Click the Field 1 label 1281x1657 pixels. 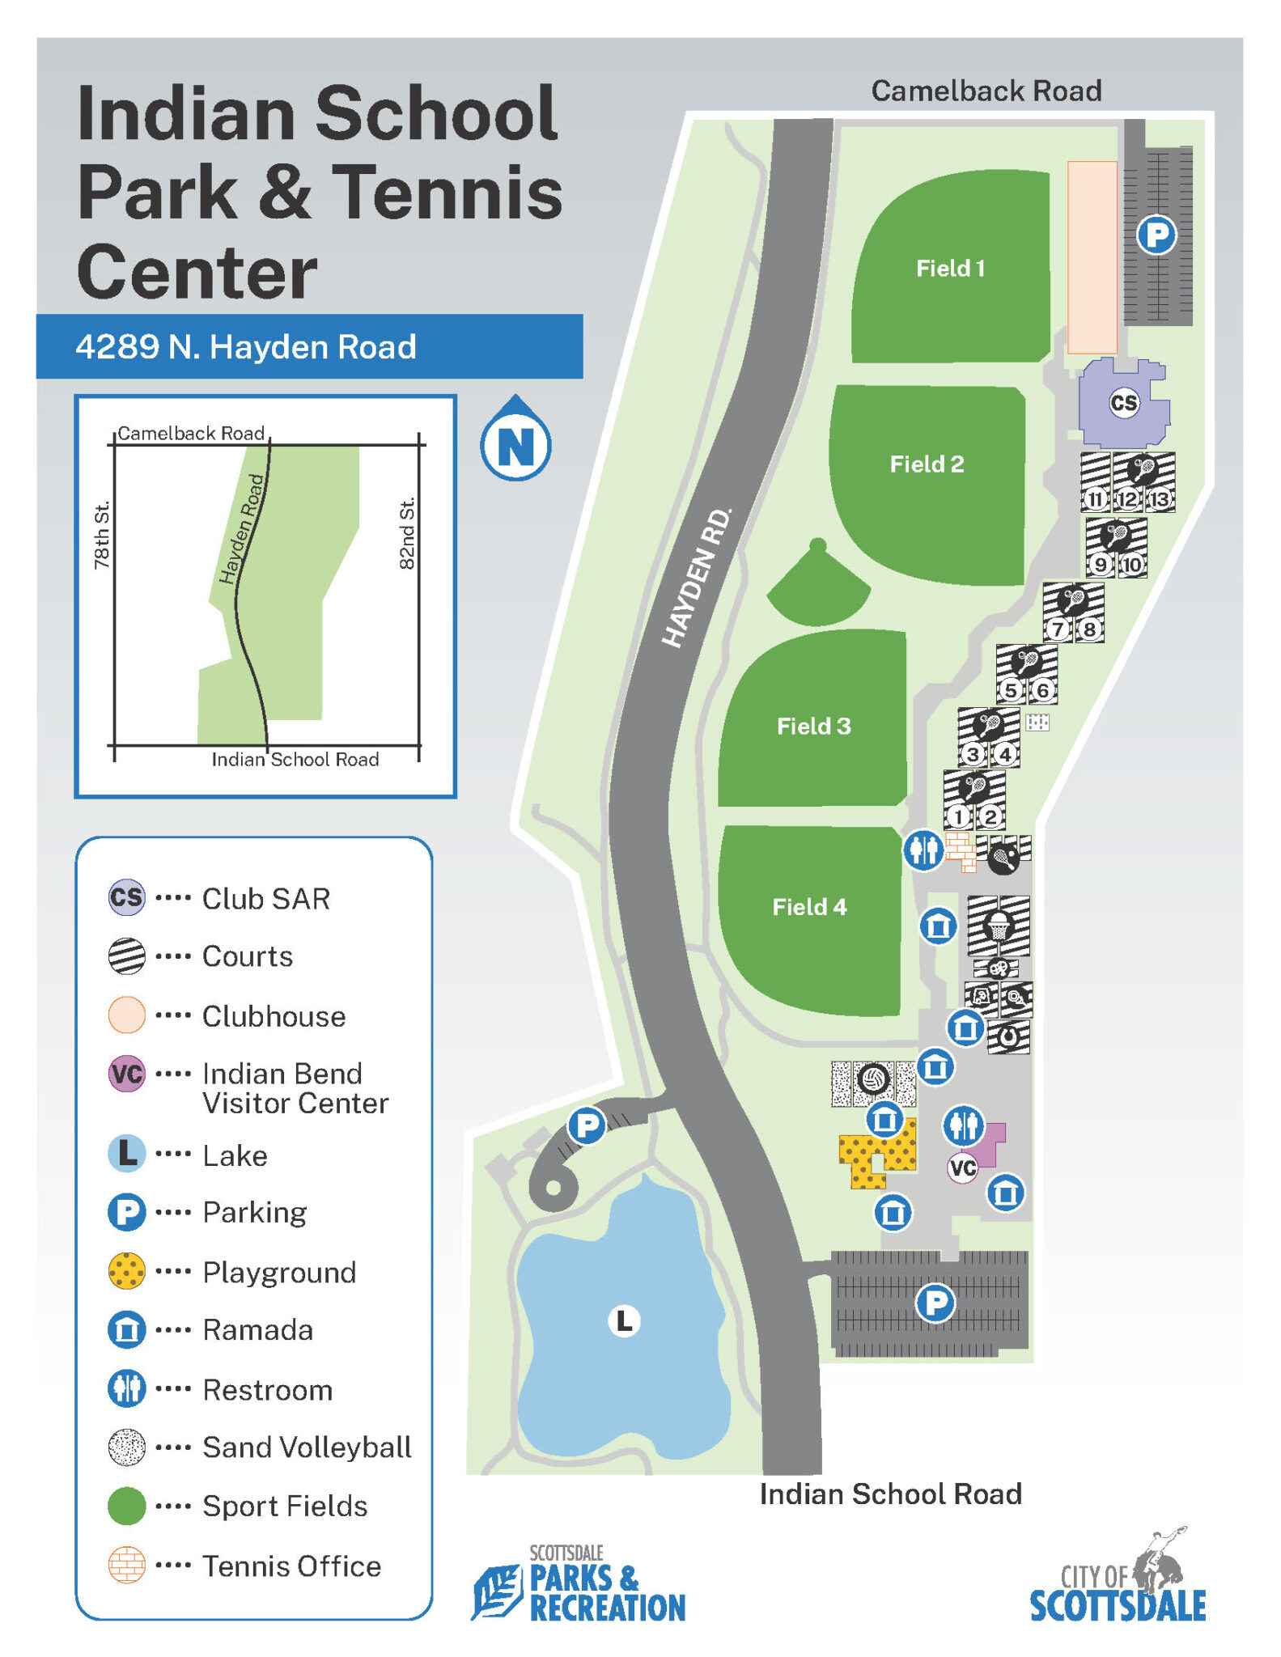(950, 268)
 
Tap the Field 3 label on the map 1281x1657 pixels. (813, 726)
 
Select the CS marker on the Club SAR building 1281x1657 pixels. (1123, 402)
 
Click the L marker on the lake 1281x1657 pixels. (624, 1320)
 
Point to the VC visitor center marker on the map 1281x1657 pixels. (962, 1168)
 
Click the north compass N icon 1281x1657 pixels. (515, 444)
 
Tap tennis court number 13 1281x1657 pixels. (1160, 498)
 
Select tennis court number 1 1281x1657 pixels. (958, 816)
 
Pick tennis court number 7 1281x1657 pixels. (1058, 629)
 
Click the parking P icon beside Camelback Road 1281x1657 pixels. (1156, 235)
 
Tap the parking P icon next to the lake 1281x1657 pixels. (587, 1125)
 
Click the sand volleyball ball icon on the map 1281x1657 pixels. (873, 1079)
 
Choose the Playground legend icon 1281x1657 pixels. (127, 1271)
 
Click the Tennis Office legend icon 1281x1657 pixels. (127, 1565)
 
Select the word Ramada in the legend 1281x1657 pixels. (257, 1329)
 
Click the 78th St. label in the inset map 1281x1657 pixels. (101, 536)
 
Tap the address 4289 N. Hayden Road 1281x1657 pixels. (246, 346)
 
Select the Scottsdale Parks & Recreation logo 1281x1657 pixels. (579, 1584)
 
